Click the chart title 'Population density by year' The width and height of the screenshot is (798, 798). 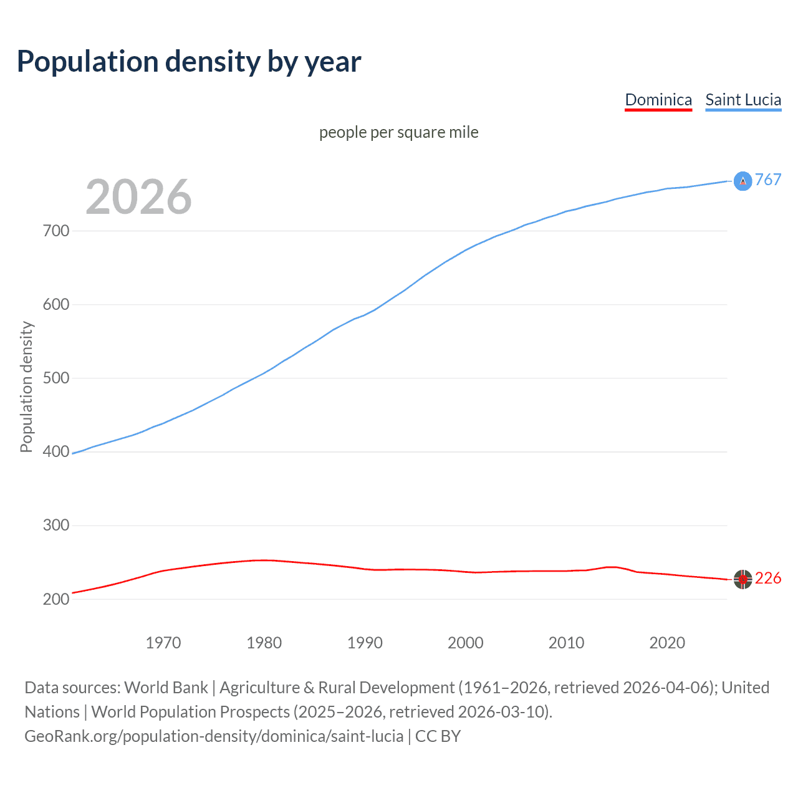(189, 62)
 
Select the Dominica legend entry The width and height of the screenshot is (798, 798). (658, 100)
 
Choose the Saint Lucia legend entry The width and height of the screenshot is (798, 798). (743, 100)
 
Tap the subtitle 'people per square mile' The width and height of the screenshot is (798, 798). (398, 132)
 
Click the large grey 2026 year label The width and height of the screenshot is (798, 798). (138, 197)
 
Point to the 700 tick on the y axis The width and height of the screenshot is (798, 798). (56, 231)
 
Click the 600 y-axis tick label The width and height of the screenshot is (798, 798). (56, 304)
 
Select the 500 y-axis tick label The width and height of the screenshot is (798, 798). (56, 378)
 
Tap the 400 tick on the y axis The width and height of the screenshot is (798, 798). (56, 451)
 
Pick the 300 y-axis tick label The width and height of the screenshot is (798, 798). (56, 525)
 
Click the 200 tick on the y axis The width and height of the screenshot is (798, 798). (56, 599)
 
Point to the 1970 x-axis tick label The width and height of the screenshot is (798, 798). (163, 643)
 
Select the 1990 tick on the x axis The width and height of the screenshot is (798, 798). (365, 643)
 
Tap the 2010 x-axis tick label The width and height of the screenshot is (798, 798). (566, 643)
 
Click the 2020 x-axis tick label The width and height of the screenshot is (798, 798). (667, 643)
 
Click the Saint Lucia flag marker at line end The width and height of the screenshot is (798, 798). (743, 181)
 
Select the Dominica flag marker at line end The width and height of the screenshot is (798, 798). (743, 579)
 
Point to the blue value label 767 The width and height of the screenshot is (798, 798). (768, 180)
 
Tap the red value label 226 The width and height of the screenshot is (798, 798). (768, 579)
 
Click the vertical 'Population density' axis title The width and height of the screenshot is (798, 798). (26, 387)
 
